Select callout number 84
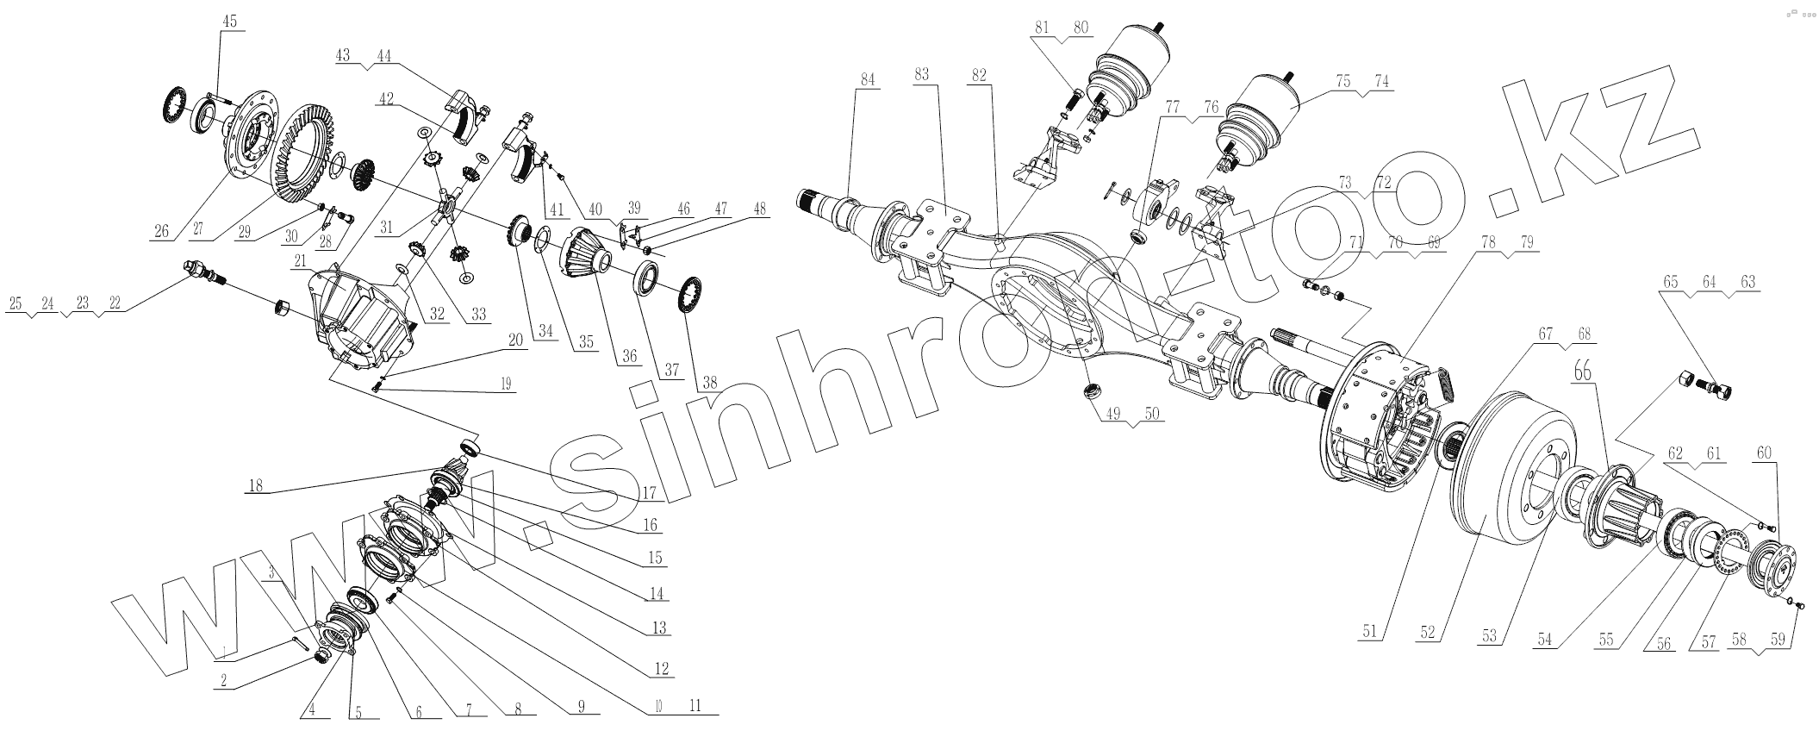click(866, 78)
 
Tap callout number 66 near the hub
click(1582, 370)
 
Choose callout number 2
click(224, 681)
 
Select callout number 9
click(581, 707)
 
